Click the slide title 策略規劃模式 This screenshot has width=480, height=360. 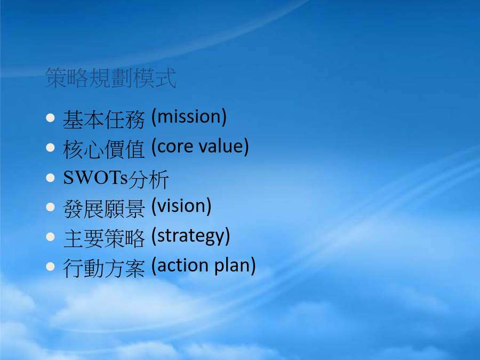(x=110, y=78)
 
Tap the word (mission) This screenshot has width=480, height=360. (x=189, y=117)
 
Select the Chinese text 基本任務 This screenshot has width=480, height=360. (x=104, y=119)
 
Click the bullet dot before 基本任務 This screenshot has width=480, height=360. (x=50, y=118)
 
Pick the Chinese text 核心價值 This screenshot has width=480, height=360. (x=104, y=149)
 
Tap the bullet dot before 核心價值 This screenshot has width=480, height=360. (x=50, y=148)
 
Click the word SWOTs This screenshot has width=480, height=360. (x=95, y=178)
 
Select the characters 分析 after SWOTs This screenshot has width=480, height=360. (x=148, y=179)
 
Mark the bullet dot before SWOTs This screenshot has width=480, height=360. (x=50, y=178)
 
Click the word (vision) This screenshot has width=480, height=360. (x=181, y=206)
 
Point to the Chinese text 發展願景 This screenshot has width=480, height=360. (x=104, y=209)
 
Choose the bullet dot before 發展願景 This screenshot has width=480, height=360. (x=50, y=207)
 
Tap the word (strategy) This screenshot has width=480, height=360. (x=191, y=236)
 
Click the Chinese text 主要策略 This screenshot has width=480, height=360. (x=104, y=238)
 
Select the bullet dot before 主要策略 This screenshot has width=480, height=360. (x=50, y=237)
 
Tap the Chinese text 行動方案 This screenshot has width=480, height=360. (x=104, y=268)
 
